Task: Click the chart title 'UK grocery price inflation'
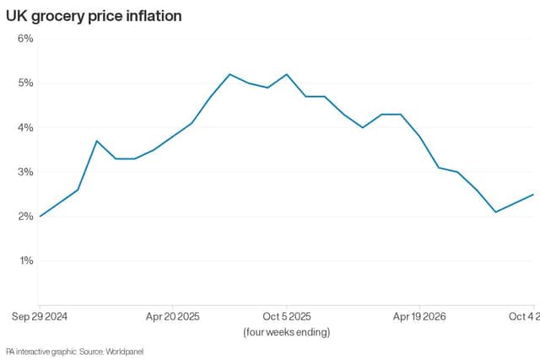94,17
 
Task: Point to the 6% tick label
25,38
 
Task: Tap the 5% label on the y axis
25,83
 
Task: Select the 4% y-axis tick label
25,127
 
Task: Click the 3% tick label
25,172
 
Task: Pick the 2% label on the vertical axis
25,216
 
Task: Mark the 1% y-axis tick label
26,261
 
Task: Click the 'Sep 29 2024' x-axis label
40,317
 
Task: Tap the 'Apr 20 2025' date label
172,317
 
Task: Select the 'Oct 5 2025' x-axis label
287,317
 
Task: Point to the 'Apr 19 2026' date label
419,317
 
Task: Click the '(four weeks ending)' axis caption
287,332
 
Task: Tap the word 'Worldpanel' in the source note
124,352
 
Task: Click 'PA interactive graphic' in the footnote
41,352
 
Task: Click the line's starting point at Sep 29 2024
40,216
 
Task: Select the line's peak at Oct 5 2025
287,74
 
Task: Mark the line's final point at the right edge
533,195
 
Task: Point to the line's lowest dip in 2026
495,212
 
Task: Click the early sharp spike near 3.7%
97,141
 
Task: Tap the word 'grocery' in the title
57,17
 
